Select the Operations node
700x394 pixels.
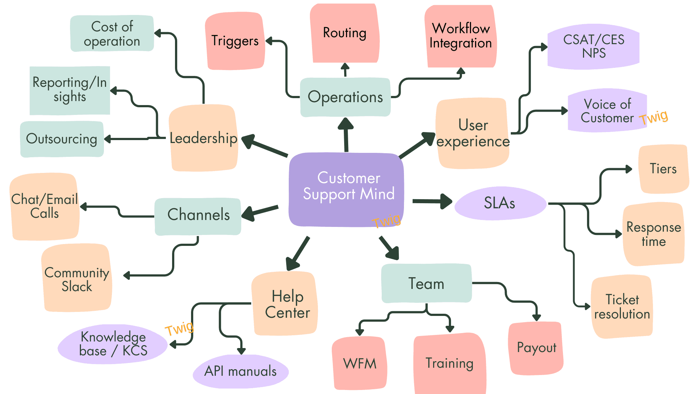[x=345, y=97]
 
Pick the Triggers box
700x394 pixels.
[x=235, y=41]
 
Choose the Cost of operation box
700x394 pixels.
[x=112, y=34]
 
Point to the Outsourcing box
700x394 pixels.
[x=62, y=139]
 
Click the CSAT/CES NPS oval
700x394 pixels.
[x=593, y=46]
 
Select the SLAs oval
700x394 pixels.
[x=500, y=203]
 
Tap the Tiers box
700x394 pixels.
[x=663, y=169]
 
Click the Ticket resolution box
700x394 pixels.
[x=622, y=307]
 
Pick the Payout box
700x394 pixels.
[x=536, y=348]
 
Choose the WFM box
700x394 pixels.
[x=359, y=363]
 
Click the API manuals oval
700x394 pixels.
[x=241, y=371]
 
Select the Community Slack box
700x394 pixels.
[x=77, y=279]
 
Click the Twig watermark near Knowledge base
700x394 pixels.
[x=179, y=328]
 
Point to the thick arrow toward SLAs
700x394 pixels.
[x=432, y=201]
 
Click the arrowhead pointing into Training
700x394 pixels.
[x=450, y=328]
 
